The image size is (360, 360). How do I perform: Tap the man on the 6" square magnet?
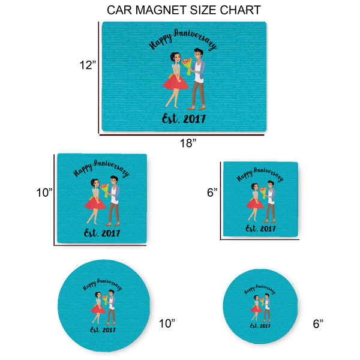coord(270,201)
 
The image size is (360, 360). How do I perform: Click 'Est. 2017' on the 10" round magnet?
coord(103,329)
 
